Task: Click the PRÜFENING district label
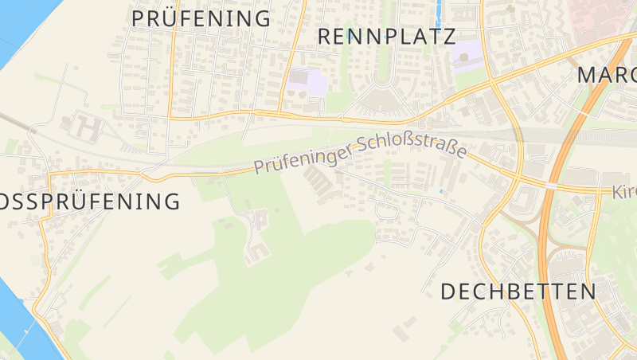coord(201,18)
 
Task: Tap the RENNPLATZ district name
coord(386,36)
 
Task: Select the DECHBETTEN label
coord(518,292)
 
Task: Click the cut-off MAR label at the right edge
coord(607,76)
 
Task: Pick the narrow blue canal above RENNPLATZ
coord(436,12)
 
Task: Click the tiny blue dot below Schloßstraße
coord(441,192)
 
